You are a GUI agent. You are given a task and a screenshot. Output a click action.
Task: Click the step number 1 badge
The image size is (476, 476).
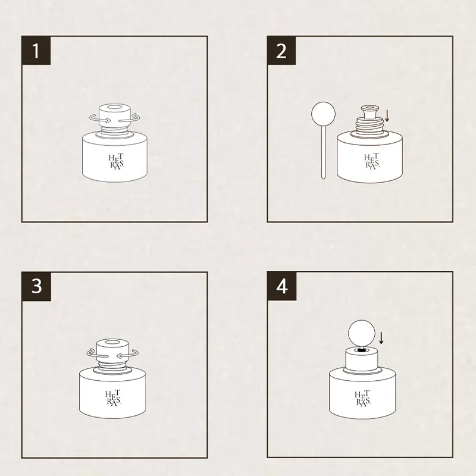[36, 51]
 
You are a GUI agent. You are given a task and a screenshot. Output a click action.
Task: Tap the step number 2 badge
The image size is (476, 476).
[281, 51]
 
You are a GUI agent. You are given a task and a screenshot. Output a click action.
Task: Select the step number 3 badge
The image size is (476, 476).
[36, 286]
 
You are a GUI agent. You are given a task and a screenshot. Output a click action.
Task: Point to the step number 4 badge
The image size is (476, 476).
[281, 286]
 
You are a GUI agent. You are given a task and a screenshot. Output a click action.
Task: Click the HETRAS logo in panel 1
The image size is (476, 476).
[117, 162]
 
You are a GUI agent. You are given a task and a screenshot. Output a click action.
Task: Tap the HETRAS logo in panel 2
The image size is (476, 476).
[372, 161]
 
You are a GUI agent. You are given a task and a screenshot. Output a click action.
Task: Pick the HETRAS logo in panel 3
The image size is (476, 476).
[113, 397]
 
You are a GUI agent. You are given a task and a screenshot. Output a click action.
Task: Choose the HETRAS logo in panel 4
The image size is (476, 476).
[363, 398]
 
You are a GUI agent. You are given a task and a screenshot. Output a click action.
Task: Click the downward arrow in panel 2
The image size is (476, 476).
[387, 116]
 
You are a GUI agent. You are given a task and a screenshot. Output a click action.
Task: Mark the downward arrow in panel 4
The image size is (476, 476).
[381, 338]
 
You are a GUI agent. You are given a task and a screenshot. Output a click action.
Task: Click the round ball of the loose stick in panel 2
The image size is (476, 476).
[323, 114]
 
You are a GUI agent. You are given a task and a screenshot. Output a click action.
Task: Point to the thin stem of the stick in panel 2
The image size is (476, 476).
[323, 152]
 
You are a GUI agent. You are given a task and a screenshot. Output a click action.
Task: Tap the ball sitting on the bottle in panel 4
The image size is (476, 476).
[361, 332]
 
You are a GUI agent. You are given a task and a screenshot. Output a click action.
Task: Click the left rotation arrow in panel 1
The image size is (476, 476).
[99, 118]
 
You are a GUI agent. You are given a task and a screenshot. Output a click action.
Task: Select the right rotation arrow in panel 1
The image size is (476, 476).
[130, 118]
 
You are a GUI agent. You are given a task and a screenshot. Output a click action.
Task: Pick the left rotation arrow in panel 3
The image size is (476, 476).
[97, 353]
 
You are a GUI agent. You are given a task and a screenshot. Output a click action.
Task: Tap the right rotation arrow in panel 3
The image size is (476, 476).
[128, 353]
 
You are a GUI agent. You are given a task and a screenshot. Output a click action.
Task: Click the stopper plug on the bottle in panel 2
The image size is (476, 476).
[369, 112]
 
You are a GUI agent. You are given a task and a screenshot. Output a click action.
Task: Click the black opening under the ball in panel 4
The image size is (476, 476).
[361, 350]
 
